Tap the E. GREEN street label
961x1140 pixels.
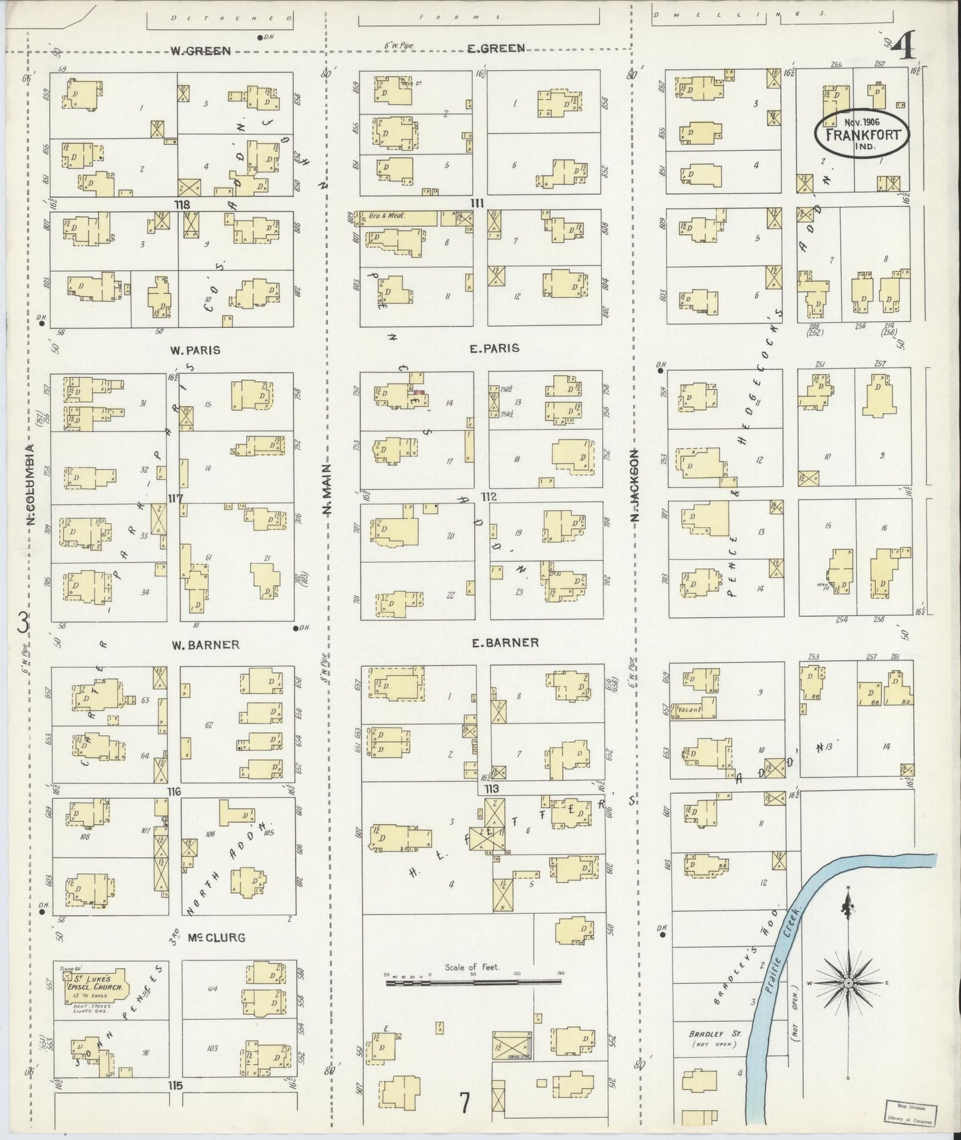point(495,48)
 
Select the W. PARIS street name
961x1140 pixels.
point(195,350)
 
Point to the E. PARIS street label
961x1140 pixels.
point(494,348)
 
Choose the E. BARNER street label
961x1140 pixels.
point(505,642)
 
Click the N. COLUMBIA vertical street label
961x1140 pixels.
point(30,486)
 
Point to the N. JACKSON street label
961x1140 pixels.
point(634,485)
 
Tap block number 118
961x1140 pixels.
point(182,205)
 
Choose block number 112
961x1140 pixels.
point(490,496)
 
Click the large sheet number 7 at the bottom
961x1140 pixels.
point(464,1102)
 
